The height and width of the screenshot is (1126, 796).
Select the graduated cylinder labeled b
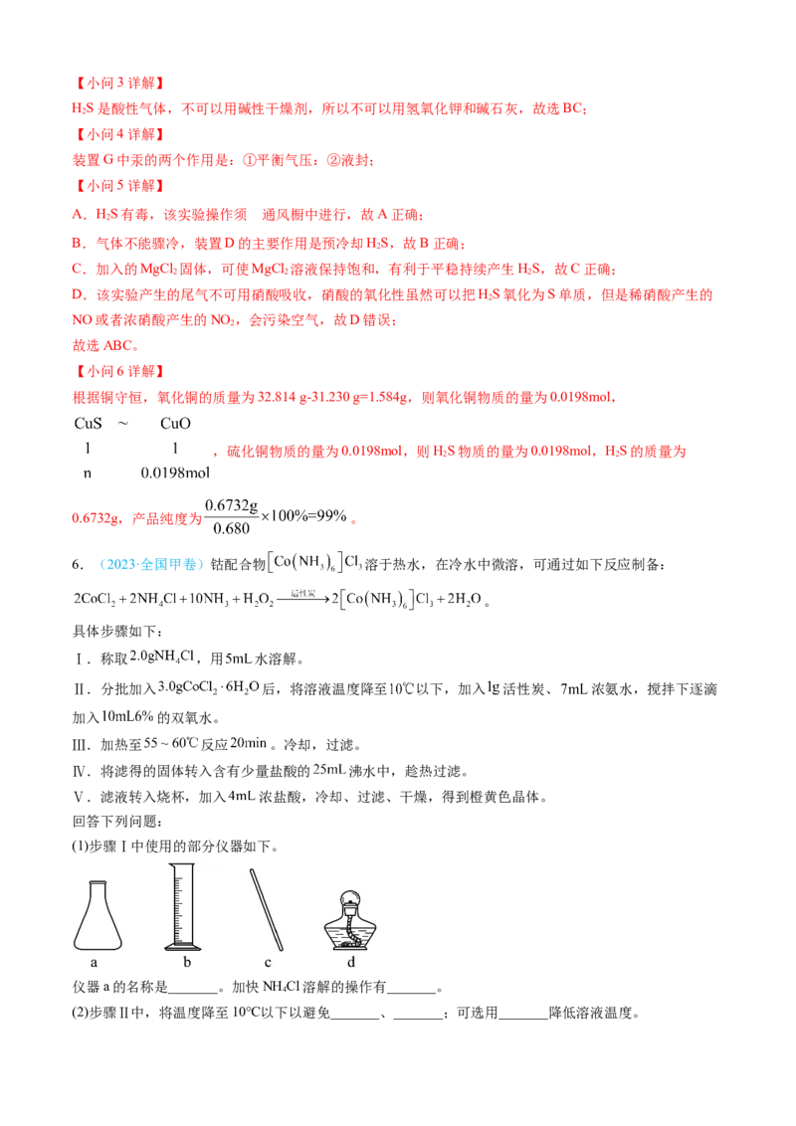[181, 905]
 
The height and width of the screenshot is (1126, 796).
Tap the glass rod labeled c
[268, 907]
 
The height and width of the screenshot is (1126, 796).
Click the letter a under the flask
[94, 962]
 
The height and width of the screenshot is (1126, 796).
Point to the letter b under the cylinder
[186, 962]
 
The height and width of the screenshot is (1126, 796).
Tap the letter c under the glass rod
[268, 962]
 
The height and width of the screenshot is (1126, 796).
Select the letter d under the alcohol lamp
[351, 962]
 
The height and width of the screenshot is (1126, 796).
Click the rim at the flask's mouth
[98, 882]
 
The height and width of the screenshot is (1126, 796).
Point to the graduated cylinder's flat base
[180, 946]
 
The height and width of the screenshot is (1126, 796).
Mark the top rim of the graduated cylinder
[180, 865]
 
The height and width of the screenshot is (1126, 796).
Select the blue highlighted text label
[152, 565]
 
